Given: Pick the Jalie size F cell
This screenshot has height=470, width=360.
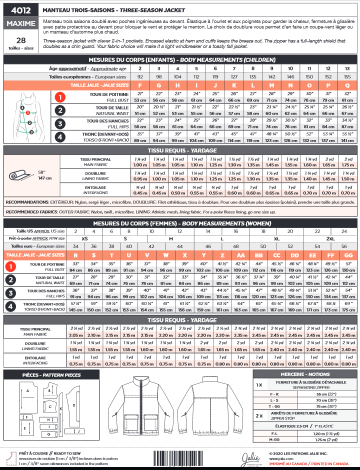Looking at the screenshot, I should click(x=139, y=85).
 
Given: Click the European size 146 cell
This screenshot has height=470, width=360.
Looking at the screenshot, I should click(x=290, y=77).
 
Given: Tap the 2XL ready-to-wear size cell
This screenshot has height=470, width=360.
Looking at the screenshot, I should click(x=330, y=238).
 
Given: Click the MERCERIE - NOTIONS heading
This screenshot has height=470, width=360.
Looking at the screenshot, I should click(x=304, y=374).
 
